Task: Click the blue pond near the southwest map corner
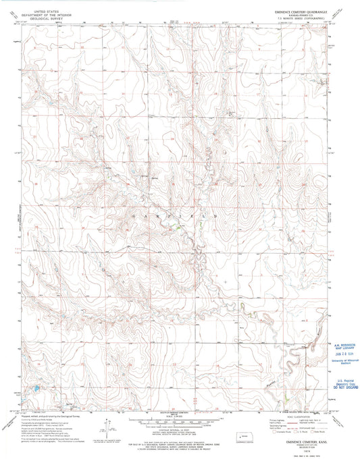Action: pyautogui.click(x=34, y=389)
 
